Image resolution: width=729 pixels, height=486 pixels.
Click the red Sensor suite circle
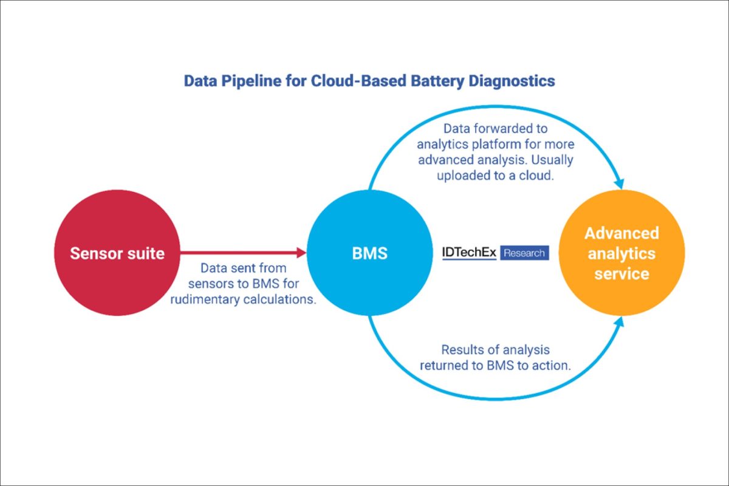pyautogui.click(x=117, y=253)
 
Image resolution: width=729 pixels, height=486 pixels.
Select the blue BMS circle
pyautogui.click(x=370, y=253)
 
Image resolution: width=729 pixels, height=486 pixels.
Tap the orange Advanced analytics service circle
pyautogui.click(x=621, y=253)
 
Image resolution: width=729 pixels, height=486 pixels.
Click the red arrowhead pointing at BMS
pyautogui.click(x=301, y=253)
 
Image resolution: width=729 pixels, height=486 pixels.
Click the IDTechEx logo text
pyautogui.click(x=469, y=253)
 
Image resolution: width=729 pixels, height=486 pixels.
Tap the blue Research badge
pyautogui.click(x=524, y=253)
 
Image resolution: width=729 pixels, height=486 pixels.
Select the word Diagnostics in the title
pyautogui.click(x=512, y=81)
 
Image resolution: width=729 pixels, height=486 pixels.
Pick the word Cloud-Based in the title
pyautogui.click(x=358, y=81)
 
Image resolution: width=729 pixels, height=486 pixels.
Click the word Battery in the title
pyautogui.click(x=437, y=81)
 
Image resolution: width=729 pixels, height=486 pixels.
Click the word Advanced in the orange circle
pyautogui.click(x=621, y=233)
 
